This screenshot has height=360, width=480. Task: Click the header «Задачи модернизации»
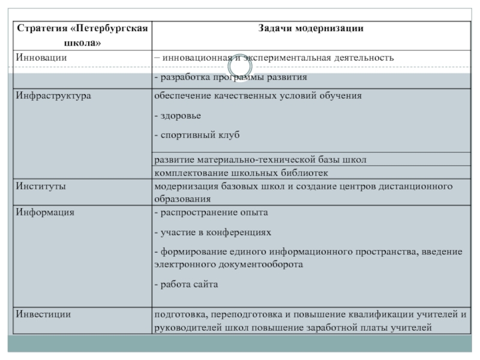[310, 28]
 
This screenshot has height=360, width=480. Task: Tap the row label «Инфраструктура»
[53, 95]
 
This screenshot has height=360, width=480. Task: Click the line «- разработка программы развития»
[230, 77]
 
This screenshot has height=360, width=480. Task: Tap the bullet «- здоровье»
[177, 115]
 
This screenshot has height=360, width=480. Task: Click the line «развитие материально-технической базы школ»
[260, 160]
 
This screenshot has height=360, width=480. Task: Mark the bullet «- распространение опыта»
[211, 212]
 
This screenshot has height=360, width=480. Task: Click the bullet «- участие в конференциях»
[212, 231]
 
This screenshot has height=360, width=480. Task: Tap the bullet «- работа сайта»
[186, 284]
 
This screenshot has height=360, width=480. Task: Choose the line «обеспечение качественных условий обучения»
[258, 95]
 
